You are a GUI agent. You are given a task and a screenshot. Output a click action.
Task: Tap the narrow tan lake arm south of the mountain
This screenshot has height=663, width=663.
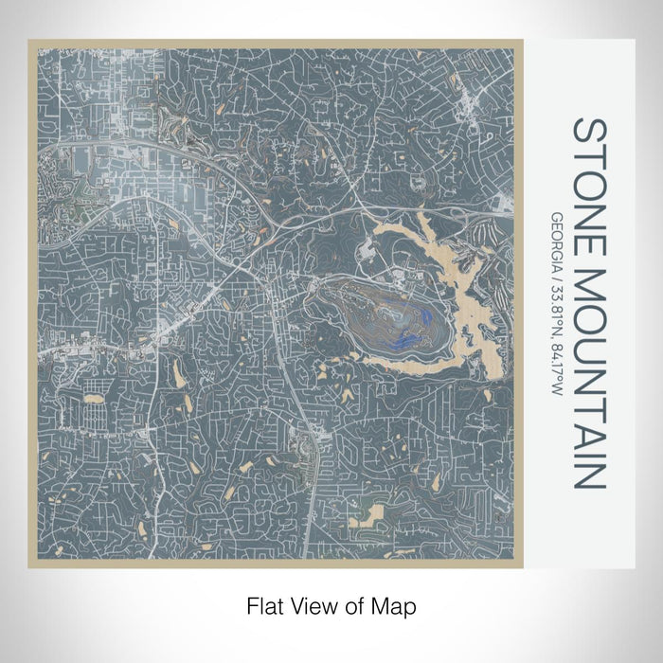click(x=398, y=360)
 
